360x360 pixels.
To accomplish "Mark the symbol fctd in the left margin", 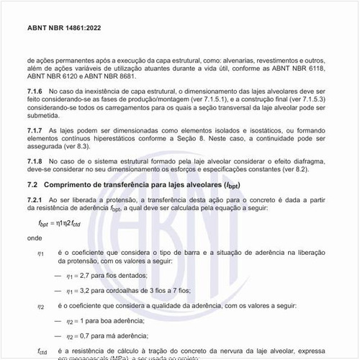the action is pos(42,350).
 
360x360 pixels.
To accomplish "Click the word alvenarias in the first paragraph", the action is pos(248,61).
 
